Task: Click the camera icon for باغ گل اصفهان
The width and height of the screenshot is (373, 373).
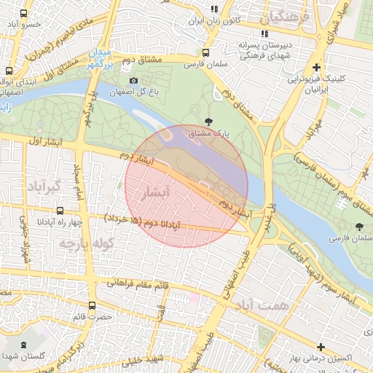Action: (x=133, y=80)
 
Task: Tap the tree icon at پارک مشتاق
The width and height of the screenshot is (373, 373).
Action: (x=210, y=122)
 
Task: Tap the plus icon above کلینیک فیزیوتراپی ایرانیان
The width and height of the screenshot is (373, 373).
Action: (x=315, y=67)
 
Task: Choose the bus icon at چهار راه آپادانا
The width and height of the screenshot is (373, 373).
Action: (x=28, y=221)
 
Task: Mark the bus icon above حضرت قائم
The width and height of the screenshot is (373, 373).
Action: (x=92, y=306)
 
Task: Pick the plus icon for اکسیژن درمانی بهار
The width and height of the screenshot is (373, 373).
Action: (x=320, y=346)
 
